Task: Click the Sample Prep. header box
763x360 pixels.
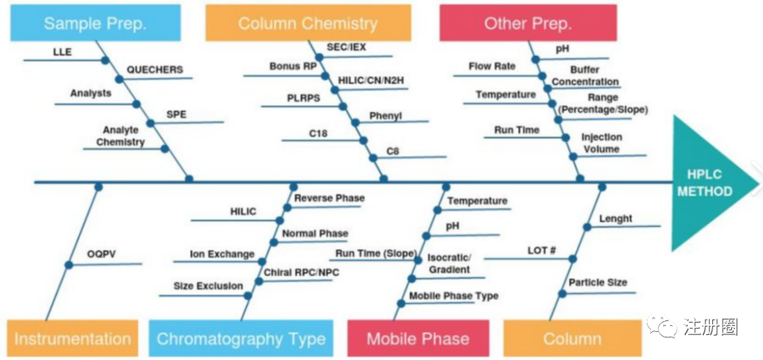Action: (95, 23)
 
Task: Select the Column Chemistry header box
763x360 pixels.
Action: (307, 23)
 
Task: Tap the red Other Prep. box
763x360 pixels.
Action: (528, 23)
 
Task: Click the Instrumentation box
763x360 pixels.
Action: (72, 339)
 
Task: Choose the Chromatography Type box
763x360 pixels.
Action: (241, 339)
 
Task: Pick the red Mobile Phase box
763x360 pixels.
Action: (418, 339)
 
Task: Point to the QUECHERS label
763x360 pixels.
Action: (154, 69)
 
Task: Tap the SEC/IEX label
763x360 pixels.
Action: (347, 47)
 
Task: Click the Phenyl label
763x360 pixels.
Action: (386, 115)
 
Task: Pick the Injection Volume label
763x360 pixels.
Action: (600, 143)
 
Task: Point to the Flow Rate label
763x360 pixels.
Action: (492, 66)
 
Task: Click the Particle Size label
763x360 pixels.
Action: (597, 282)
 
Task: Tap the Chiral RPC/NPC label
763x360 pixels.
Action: (302, 272)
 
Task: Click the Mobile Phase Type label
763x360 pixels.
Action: (454, 296)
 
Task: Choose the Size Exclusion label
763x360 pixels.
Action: (208, 286)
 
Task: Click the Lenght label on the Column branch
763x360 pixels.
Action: (616, 219)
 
